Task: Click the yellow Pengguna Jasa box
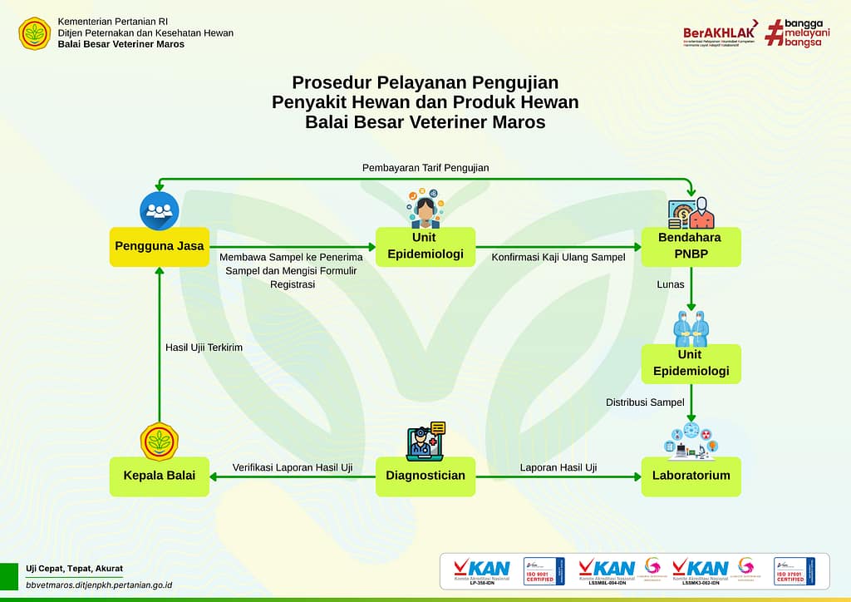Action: (x=160, y=246)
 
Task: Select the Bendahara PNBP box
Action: (x=691, y=246)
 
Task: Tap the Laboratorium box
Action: (x=691, y=476)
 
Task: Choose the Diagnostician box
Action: (x=425, y=476)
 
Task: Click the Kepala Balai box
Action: (x=160, y=476)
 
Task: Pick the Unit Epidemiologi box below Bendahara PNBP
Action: (x=691, y=363)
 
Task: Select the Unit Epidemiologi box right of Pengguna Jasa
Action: (x=425, y=246)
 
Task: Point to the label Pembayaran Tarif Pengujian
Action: (x=425, y=168)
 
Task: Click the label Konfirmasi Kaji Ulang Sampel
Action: (x=558, y=257)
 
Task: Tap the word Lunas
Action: (x=670, y=284)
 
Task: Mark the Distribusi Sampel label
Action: (x=645, y=402)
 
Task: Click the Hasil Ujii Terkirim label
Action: (x=204, y=348)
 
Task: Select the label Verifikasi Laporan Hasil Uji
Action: (x=292, y=467)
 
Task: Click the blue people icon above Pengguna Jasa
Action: (x=160, y=210)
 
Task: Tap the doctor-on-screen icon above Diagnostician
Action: (x=425, y=441)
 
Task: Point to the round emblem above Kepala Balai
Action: (x=160, y=442)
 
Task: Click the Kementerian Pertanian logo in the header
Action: (x=35, y=33)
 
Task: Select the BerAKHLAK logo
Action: (x=718, y=33)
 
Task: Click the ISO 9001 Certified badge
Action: (x=544, y=570)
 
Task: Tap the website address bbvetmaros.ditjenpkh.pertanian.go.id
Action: (x=99, y=585)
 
